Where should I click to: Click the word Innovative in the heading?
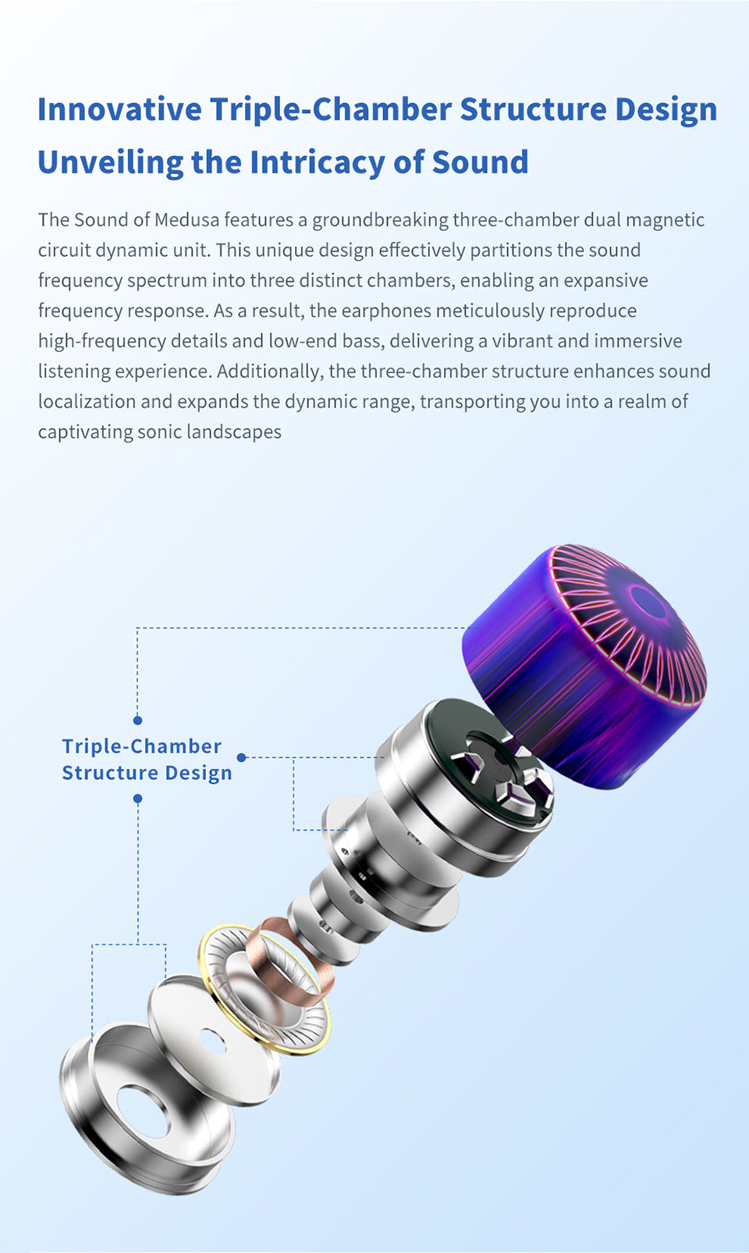119,109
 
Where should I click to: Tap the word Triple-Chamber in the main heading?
331,109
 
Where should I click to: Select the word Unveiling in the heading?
110,162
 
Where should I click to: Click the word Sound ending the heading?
480,162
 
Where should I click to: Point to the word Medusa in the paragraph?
186,220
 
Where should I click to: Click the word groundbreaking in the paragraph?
380,220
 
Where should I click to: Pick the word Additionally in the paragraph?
270,372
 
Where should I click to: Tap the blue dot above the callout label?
137,720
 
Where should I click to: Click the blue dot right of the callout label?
241,757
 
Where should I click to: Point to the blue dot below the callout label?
137,799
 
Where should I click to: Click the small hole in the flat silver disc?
212,1041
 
